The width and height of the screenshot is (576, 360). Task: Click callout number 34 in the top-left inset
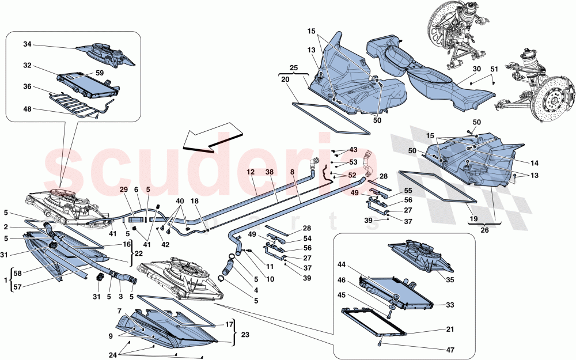27,44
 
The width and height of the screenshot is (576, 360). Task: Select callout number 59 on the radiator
100,73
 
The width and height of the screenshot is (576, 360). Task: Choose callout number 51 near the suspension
494,69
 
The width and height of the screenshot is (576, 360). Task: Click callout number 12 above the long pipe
251,172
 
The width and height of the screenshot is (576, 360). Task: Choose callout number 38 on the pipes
270,172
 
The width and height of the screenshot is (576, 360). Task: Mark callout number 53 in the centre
353,162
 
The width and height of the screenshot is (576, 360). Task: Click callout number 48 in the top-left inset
27,109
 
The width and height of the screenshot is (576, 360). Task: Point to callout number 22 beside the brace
139,253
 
